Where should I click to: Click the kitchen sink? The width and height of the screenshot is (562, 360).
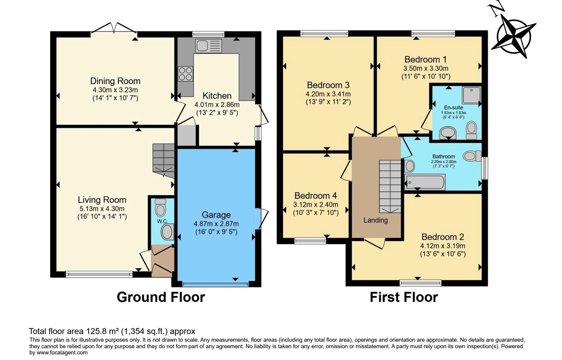208,46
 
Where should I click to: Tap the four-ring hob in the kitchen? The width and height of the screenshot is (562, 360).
186,74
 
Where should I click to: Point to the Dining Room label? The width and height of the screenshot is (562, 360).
115,81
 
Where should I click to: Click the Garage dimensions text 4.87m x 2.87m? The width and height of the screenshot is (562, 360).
216,224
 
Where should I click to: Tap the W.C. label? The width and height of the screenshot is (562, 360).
163,221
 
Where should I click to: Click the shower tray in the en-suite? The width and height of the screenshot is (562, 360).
472,95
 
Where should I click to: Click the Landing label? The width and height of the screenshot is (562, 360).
375,221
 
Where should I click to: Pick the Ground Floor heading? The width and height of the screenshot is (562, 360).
161,297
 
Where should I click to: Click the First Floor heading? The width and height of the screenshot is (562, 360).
404,297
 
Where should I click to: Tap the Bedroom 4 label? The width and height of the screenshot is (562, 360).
316,196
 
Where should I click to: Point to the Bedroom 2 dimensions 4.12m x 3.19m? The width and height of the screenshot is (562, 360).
443,246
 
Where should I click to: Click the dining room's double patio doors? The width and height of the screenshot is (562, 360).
114,28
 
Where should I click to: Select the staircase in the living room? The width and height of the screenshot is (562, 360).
163,161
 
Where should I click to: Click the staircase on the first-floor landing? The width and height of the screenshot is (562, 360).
390,187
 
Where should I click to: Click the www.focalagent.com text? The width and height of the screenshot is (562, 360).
62,353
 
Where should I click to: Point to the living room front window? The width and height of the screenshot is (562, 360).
99,274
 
